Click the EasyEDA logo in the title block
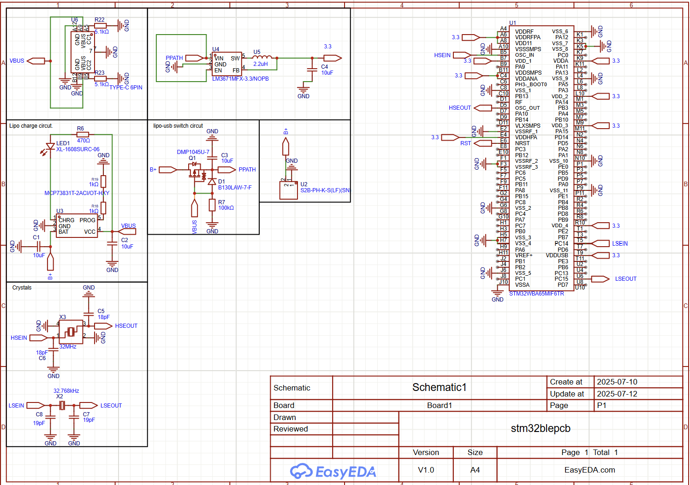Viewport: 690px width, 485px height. coord(333,471)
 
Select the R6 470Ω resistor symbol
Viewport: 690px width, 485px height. coord(83,135)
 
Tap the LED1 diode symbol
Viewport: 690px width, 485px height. coord(50,147)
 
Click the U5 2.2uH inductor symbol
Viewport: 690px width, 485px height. coord(262,58)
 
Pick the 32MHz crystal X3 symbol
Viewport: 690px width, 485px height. coord(71,332)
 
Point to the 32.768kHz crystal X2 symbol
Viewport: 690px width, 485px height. coord(62,405)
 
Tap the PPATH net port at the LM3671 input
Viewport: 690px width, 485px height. coord(194,58)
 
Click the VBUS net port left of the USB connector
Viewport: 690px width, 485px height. coord(36,61)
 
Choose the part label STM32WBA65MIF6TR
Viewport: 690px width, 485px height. coord(536,294)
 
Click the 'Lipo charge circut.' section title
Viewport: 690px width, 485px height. coord(31,126)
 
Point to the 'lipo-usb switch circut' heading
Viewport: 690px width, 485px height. coord(178,126)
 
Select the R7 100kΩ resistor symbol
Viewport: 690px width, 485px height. coord(212,205)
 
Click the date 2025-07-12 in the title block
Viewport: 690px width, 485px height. coord(617,394)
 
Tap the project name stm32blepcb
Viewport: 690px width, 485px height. coord(541,428)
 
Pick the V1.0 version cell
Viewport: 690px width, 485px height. coord(426,470)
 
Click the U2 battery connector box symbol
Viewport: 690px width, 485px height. coord(289,190)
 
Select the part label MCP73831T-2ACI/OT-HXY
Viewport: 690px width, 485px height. coord(77,193)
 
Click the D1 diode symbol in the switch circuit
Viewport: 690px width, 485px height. coord(212,182)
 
